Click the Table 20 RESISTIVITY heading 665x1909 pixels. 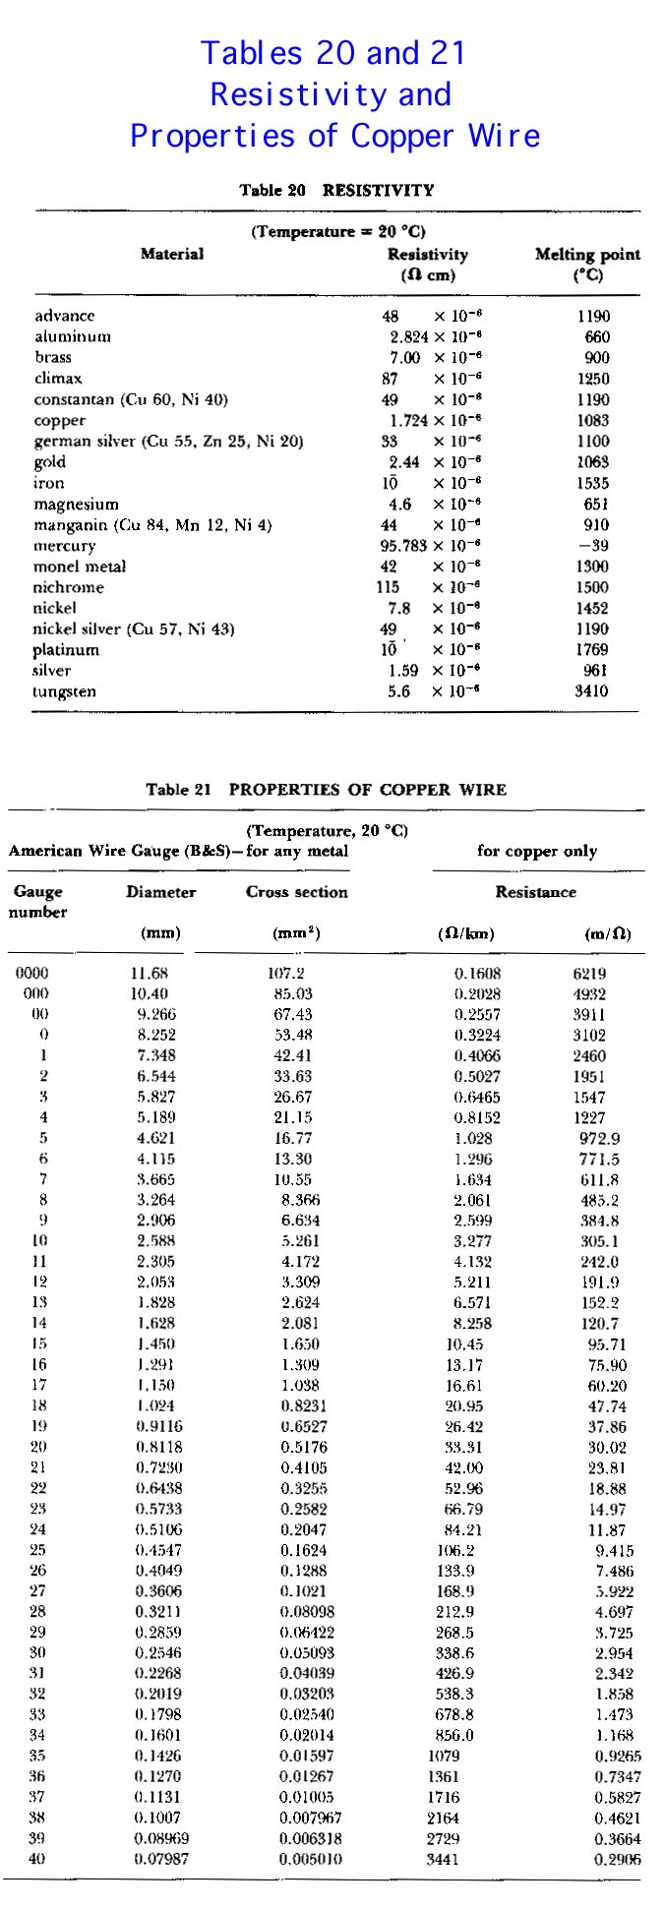336,190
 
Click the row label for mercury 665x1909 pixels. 65,546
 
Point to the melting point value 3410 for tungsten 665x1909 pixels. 591,691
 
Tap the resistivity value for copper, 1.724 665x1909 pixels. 408,421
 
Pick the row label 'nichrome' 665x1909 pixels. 69,587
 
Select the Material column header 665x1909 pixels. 172,254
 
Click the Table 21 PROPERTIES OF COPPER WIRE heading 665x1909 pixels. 327,789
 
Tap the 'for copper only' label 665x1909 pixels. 537,851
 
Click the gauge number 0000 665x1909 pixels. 32,973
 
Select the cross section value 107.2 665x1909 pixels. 286,973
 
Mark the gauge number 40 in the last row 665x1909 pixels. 37,1858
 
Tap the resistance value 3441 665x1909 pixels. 443,1859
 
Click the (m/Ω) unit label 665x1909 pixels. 608,933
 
